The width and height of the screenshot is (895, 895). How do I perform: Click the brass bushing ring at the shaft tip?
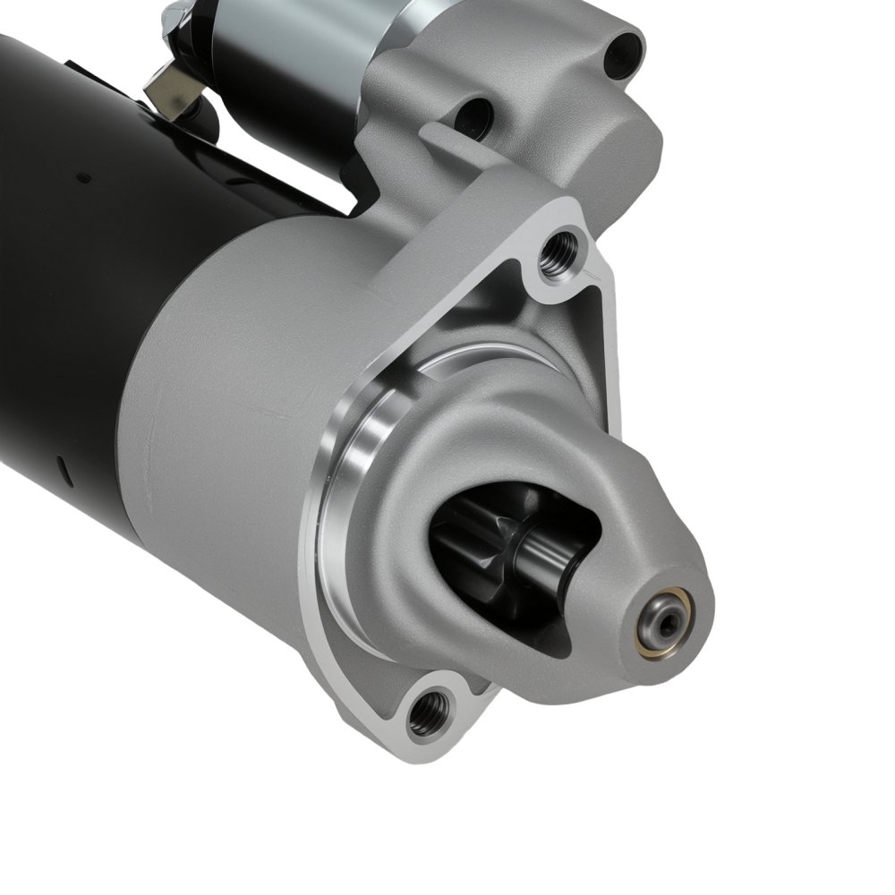coord(663,603)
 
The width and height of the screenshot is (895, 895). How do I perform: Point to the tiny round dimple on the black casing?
coord(84,178)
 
